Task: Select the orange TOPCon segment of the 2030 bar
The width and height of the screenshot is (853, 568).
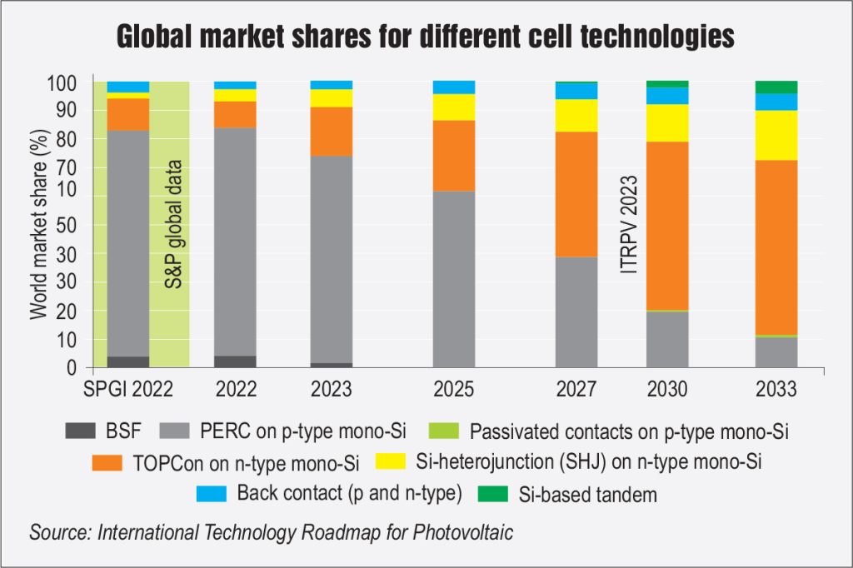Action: [667, 225]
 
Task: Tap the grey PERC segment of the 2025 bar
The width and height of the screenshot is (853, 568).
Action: [454, 279]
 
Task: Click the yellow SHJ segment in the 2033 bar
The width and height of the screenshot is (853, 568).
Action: [776, 135]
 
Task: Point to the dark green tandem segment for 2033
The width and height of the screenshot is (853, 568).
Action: [776, 87]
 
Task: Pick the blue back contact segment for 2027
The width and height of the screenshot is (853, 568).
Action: [576, 90]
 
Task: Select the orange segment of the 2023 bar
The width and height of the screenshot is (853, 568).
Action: [332, 132]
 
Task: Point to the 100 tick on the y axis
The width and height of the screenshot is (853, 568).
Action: [64, 83]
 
